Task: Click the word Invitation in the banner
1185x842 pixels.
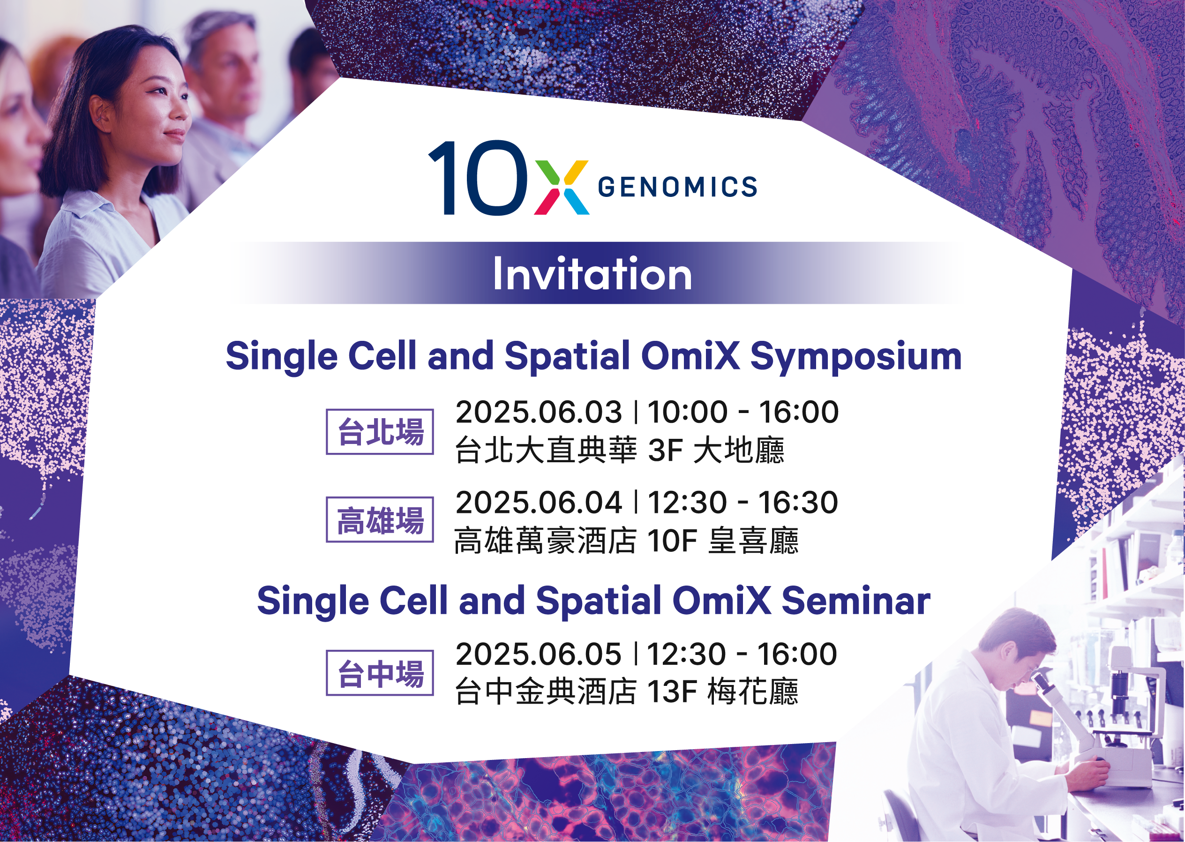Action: pos(592,273)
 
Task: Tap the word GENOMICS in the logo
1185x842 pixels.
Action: pos(677,187)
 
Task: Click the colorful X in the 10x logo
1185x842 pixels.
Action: pos(562,187)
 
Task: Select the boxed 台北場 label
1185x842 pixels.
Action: pos(379,431)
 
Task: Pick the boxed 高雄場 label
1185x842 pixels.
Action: pos(379,519)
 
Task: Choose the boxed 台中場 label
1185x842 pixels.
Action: pos(379,672)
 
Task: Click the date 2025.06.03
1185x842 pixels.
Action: pos(538,412)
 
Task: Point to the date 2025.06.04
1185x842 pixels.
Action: pos(538,503)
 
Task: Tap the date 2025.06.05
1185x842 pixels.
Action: pos(538,654)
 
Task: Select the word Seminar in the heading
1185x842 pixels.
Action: pos(856,601)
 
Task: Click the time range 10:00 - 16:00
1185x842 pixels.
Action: pos(743,412)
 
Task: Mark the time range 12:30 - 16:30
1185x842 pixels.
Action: pos(743,503)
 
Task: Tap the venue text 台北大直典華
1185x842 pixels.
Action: pos(546,450)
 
